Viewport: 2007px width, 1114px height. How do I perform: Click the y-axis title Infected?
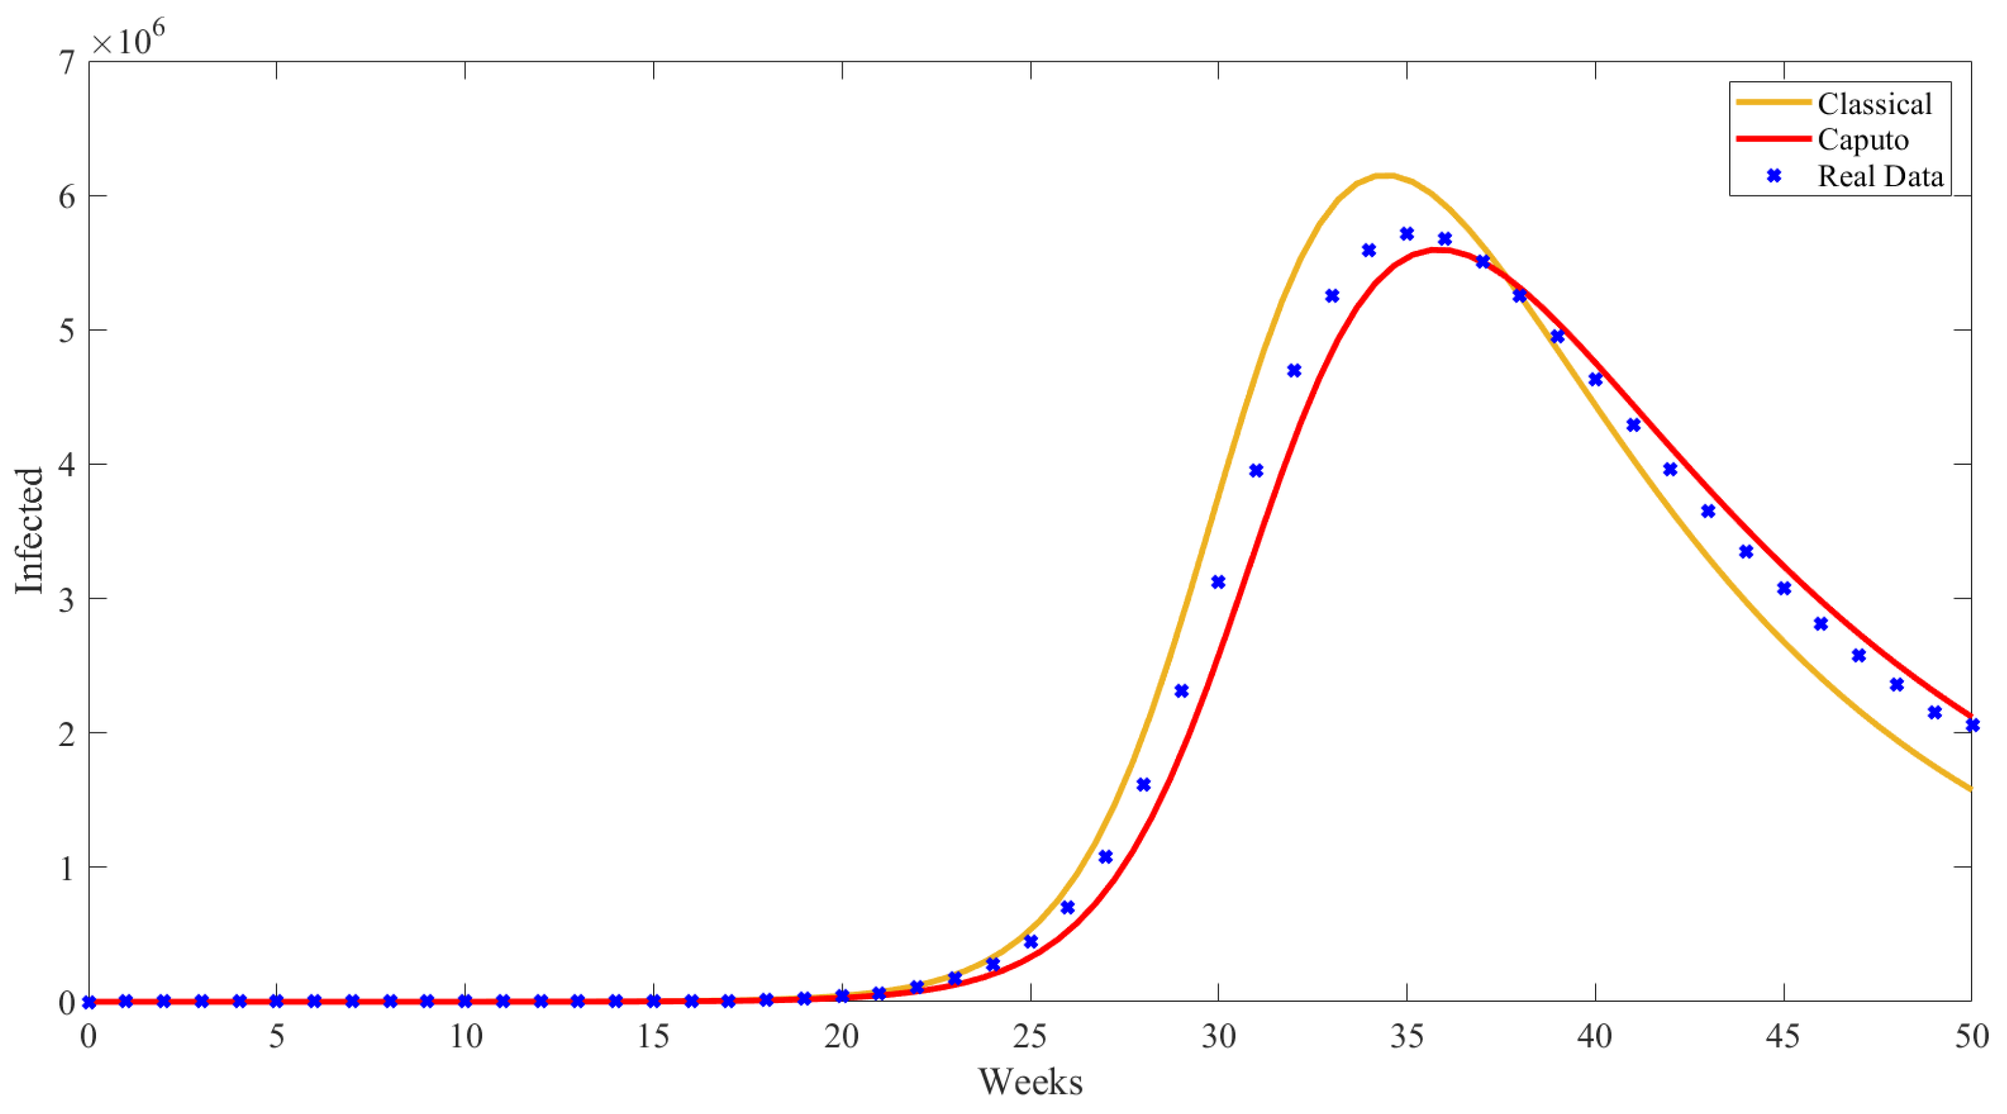click(x=30, y=531)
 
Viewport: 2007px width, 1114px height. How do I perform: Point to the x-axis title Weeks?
click(x=1030, y=1081)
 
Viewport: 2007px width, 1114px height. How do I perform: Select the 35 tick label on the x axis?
click(x=1406, y=1037)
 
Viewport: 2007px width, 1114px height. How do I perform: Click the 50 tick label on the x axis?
click(x=1971, y=1037)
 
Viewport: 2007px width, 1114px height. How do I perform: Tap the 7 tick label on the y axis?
click(x=68, y=63)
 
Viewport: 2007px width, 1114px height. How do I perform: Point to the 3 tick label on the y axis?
click(x=68, y=599)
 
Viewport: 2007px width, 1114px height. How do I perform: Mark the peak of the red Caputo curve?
click(x=1438, y=249)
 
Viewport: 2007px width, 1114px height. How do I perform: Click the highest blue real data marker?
click(x=1406, y=234)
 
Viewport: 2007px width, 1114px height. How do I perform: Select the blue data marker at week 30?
click(x=1218, y=582)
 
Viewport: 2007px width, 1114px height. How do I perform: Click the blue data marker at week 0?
click(x=89, y=1002)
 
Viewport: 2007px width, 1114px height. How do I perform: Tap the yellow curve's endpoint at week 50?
click(x=1970, y=789)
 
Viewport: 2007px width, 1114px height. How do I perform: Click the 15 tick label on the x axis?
click(x=653, y=1037)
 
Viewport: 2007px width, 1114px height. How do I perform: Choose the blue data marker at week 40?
click(x=1595, y=379)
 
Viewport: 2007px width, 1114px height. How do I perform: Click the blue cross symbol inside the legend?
click(x=1774, y=176)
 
